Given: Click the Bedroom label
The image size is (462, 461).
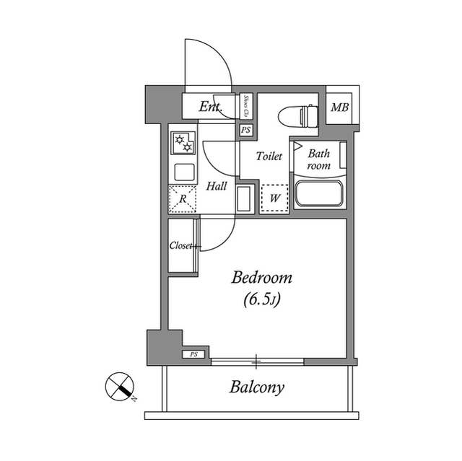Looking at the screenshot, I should point(261,278).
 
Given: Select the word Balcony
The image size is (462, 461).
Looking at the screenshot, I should point(256,387).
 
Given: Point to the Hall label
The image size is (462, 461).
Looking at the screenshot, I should point(217,186).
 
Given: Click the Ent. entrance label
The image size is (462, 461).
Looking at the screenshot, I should point(211,107).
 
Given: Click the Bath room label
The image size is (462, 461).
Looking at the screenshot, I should point(318,159).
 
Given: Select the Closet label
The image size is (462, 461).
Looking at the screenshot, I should point(183,246).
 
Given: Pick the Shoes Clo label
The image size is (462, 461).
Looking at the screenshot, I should point(246,106).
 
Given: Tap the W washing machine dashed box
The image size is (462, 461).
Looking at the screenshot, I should point(274,197).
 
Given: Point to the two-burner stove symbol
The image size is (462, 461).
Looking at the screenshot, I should point(182,144).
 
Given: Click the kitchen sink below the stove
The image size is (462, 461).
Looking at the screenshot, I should point(183,172).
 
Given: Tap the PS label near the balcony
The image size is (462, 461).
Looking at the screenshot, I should point(193,354).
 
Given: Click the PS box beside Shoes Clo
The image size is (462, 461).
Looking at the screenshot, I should point(246,131).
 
